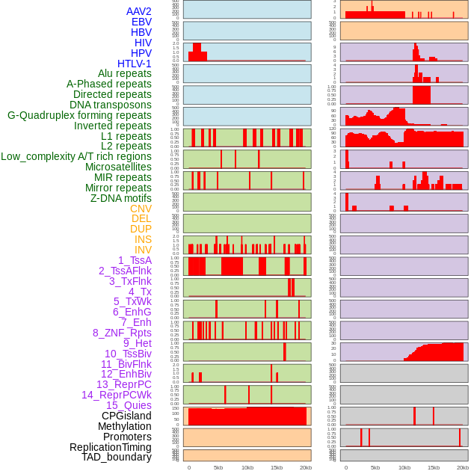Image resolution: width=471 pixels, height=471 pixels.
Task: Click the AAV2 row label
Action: (139, 11)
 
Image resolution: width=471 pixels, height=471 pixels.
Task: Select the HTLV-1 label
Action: (135, 64)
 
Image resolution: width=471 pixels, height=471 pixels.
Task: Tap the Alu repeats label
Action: (125, 74)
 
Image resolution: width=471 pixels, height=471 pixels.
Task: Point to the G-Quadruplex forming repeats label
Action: (79, 115)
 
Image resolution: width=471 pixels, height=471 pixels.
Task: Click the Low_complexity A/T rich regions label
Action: (76, 156)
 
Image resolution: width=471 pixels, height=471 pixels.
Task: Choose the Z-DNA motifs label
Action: (121, 198)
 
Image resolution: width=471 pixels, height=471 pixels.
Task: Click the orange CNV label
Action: (141, 209)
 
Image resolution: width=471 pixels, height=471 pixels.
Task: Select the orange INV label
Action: (143, 250)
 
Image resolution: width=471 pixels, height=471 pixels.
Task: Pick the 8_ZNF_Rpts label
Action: (122, 333)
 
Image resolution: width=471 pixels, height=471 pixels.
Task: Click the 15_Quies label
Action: (129, 405)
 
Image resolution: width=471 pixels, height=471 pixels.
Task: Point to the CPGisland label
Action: (126, 416)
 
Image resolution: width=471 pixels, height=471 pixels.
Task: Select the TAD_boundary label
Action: (117, 457)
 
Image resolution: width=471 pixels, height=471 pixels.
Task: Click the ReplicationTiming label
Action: (111, 447)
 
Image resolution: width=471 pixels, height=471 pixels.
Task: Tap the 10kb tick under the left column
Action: (247, 467)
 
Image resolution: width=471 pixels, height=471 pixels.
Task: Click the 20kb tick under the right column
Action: (463, 467)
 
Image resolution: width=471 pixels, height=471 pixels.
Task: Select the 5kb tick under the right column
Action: (375, 467)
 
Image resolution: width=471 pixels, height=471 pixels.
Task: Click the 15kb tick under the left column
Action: (277, 467)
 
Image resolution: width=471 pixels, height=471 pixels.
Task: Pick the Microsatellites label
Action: (118, 167)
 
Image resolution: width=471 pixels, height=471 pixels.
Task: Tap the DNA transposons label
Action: (111, 105)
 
